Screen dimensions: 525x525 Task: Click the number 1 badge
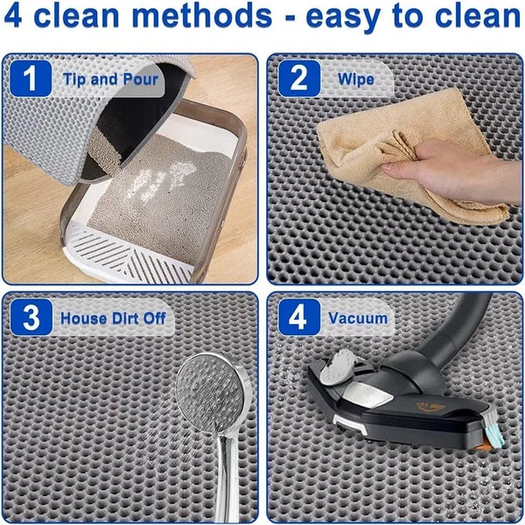point(31,80)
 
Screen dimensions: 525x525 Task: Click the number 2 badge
point(298,80)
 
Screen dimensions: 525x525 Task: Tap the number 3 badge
point(31,318)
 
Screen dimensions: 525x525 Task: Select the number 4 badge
point(298,318)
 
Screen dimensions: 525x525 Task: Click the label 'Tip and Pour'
point(110,80)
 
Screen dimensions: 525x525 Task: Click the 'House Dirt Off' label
point(113,318)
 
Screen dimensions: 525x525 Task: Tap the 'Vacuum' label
point(358,318)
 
